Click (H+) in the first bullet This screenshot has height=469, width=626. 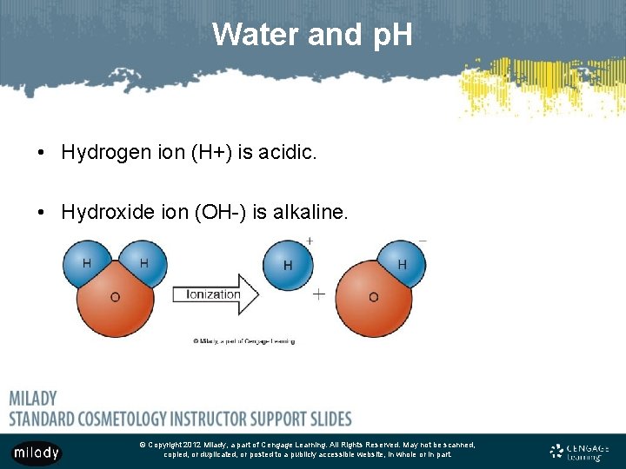210,153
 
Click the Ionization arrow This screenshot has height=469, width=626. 215,294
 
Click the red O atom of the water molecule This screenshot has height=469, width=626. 115,299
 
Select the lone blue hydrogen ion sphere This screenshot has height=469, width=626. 288,265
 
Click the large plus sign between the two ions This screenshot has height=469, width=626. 319,294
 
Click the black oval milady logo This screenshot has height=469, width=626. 36,452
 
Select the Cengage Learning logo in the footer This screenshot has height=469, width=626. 580,451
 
